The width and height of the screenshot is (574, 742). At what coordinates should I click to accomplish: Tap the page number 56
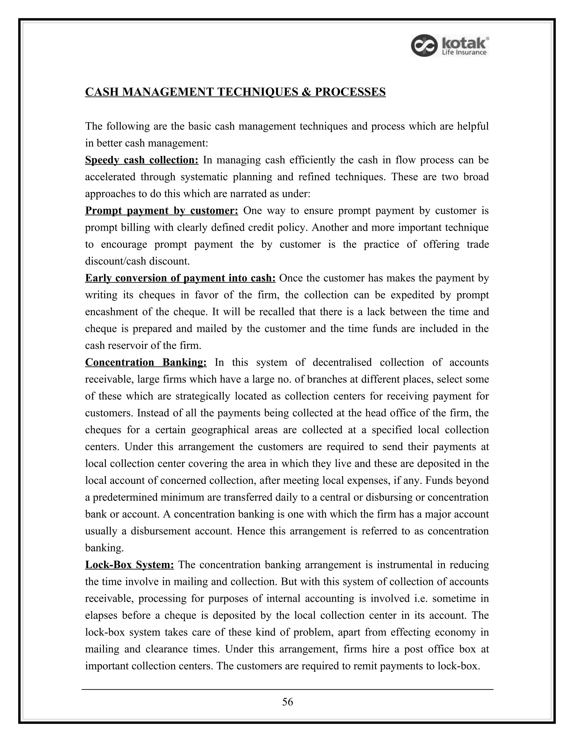pyautogui.click(x=287, y=702)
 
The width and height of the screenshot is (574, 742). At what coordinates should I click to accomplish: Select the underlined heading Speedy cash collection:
pyautogui.click(x=142, y=160)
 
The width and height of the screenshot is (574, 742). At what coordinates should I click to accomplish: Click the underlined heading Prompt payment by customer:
pyautogui.click(x=161, y=211)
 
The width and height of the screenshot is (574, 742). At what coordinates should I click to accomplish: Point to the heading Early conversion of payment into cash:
pyautogui.click(x=180, y=278)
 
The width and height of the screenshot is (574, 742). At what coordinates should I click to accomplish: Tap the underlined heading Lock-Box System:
pyautogui.click(x=129, y=565)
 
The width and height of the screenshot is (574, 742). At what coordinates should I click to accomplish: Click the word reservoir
pyautogui.click(x=127, y=346)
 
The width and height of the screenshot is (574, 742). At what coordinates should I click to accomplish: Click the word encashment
pyautogui.click(x=112, y=312)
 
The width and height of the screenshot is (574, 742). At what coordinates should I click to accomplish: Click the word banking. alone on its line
pyautogui.click(x=104, y=548)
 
